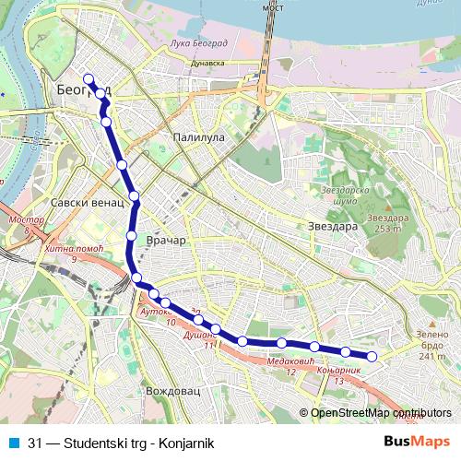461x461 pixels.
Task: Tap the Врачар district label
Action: click(166, 241)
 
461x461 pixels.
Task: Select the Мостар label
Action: click(20, 221)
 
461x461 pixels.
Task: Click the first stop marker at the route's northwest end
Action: click(89, 78)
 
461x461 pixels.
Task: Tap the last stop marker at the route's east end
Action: click(372, 356)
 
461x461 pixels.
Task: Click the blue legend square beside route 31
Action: click(12, 441)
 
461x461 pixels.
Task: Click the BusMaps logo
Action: click(417, 441)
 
